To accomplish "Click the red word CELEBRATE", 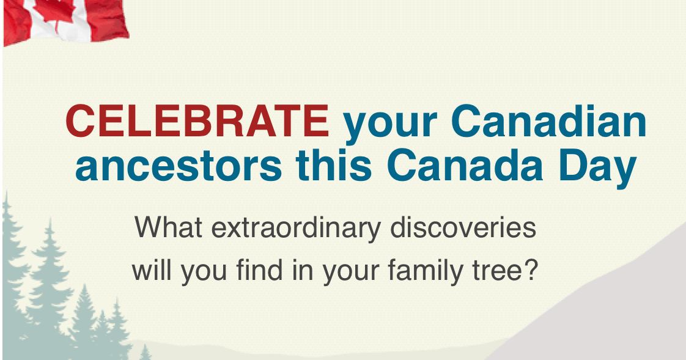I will tap(197, 122).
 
